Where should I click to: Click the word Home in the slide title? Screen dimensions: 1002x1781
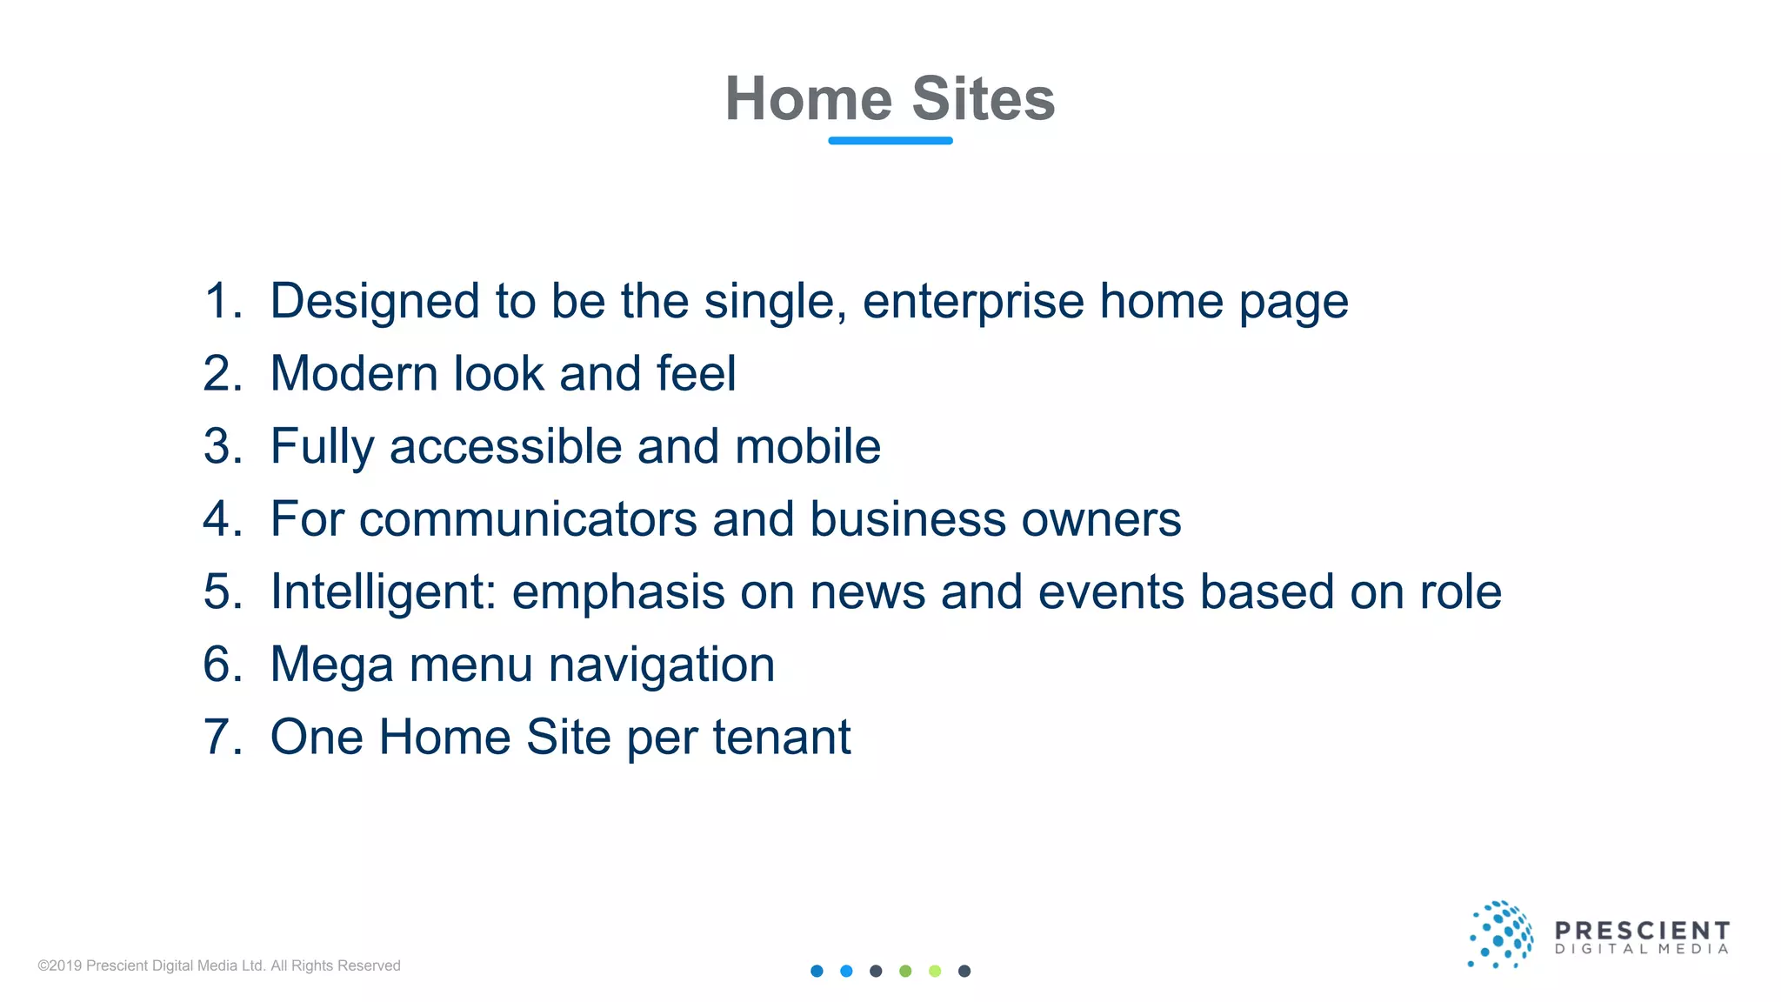(809, 98)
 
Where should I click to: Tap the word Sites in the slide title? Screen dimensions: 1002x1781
(983, 98)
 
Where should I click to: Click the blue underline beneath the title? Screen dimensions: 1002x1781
(890, 140)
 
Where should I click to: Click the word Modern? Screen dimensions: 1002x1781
(354, 374)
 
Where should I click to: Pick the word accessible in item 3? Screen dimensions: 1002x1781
(505, 446)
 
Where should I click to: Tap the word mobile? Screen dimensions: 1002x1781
(808, 446)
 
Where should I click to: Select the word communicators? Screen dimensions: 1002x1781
(528, 519)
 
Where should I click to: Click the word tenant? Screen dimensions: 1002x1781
(782, 738)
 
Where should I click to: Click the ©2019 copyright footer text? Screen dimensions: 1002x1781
(219, 965)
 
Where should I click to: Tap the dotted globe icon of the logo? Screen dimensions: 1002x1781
(1500, 935)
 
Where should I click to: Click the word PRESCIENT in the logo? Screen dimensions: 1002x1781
(1642, 931)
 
